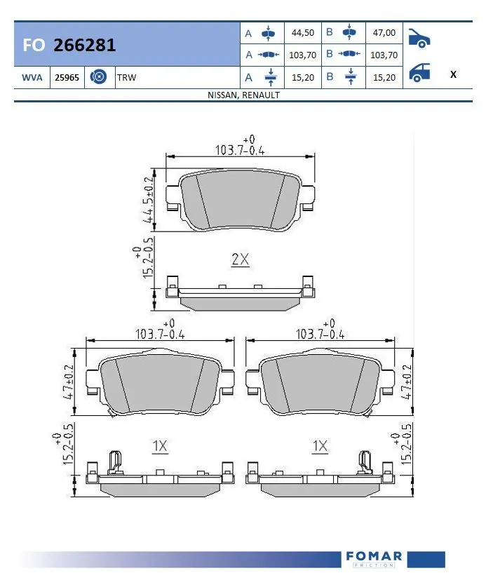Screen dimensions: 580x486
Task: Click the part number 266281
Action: (85, 46)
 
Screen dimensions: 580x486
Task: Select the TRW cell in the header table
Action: (127, 76)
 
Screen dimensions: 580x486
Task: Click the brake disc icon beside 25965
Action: (98, 76)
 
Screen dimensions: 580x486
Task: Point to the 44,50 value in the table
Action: (302, 33)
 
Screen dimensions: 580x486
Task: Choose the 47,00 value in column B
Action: (383, 33)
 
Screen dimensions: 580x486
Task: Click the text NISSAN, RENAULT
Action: (243, 95)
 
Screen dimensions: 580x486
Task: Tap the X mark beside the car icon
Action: (453, 74)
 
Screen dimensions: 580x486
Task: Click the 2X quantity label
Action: (240, 259)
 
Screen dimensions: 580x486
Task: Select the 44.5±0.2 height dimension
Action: (149, 199)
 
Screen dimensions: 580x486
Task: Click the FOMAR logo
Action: (374, 558)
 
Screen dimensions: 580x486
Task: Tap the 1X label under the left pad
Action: (159, 445)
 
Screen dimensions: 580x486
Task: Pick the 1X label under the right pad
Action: (320, 445)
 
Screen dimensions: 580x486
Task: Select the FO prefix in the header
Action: (34, 46)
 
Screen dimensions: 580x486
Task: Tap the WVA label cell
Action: (31, 76)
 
